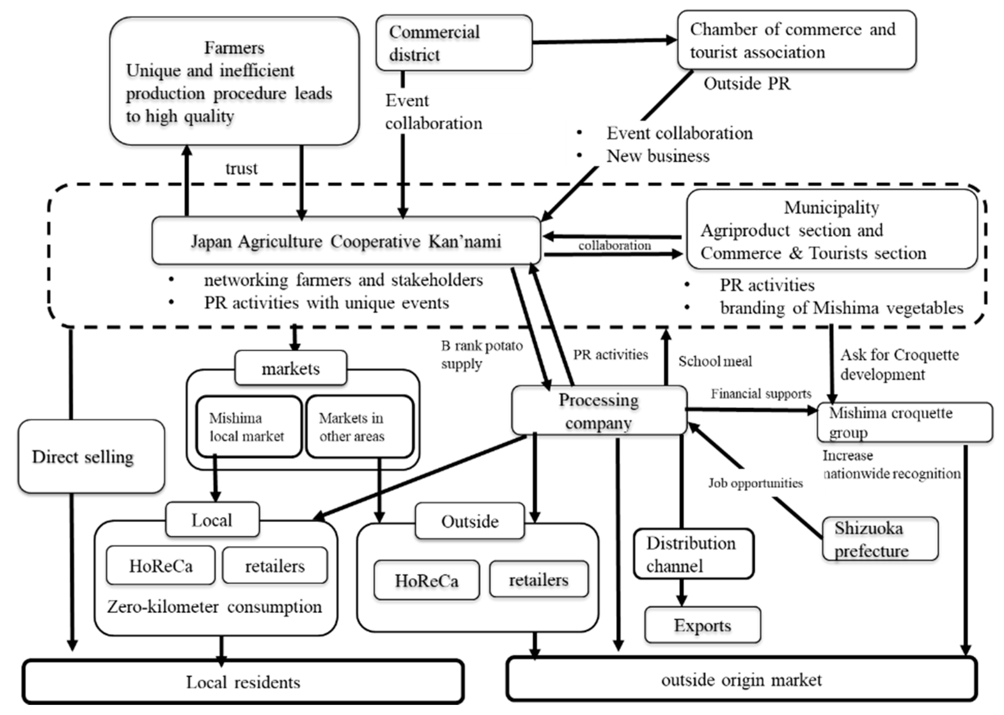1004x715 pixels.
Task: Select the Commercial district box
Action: point(454,43)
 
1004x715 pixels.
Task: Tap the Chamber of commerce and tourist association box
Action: point(796,41)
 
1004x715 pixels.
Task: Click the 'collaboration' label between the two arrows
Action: point(614,246)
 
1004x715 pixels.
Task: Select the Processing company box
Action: point(599,411)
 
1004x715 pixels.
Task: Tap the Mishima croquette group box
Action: point(904,422)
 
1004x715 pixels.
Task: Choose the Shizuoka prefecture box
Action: point(880,539)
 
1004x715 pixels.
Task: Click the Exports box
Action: point(702,625)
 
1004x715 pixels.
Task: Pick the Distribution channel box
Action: point(693,554)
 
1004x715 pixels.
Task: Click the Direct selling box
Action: point(91,457)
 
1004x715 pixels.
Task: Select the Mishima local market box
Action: point(248,427)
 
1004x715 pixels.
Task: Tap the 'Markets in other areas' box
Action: point(359,427)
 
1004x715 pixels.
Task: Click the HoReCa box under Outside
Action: point(426,580)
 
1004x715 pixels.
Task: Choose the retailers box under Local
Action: point(274,566)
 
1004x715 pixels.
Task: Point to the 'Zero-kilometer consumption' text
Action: point(214,607)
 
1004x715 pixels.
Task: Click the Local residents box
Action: point(243,682)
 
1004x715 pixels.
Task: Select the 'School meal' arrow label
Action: point(715,361)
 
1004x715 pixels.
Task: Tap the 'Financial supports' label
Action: point(761,394)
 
